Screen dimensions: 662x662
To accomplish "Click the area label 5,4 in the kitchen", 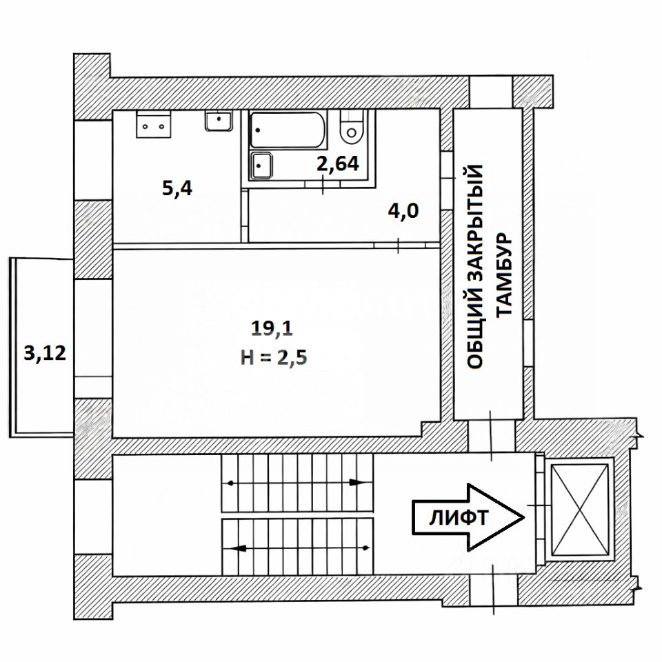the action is [177, 188].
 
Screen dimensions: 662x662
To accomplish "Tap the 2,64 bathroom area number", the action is [338, 163].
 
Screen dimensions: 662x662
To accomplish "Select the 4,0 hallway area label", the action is [403, 211].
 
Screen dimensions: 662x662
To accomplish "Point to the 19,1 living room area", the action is [272, 328].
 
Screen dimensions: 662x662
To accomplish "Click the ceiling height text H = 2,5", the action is [274, 358].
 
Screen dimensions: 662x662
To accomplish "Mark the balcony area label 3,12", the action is [46, 353].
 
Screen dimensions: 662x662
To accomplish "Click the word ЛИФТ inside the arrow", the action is [459, 518].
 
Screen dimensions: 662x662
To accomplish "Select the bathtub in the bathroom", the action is [288, 130].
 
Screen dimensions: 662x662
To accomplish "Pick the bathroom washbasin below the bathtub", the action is [262, 165].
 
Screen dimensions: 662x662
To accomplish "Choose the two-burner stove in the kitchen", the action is [153, 124].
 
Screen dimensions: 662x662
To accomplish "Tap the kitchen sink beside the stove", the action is [219, 121].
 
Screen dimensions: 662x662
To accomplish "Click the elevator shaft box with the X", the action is [580, 510].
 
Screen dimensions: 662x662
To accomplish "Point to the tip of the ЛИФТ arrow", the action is [524, 517].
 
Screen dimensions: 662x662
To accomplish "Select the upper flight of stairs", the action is [297, 483].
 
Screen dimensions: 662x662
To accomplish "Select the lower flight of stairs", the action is [297, 547].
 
